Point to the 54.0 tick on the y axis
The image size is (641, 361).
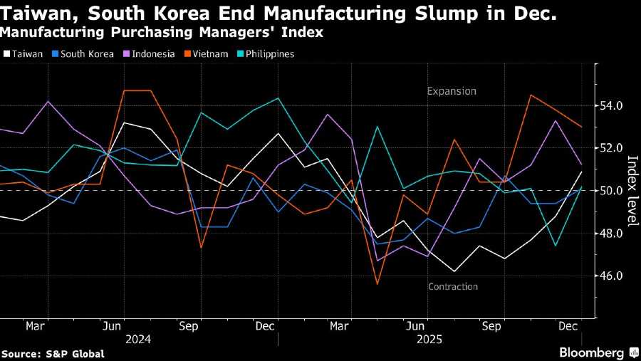[610, 105]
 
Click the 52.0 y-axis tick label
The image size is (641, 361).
[610, 148]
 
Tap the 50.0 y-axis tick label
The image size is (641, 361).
[610, 191]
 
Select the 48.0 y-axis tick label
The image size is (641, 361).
[610, 234]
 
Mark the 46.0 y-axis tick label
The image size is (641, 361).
[610, 276]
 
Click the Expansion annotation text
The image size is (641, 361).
[452, 91]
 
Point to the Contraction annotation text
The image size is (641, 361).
[453, 287]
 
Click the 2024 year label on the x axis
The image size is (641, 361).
[137, 340]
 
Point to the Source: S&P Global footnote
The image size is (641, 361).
[53, 354]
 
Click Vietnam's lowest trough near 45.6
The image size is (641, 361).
[377, 284]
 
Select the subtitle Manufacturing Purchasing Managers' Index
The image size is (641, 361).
[161, 32]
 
